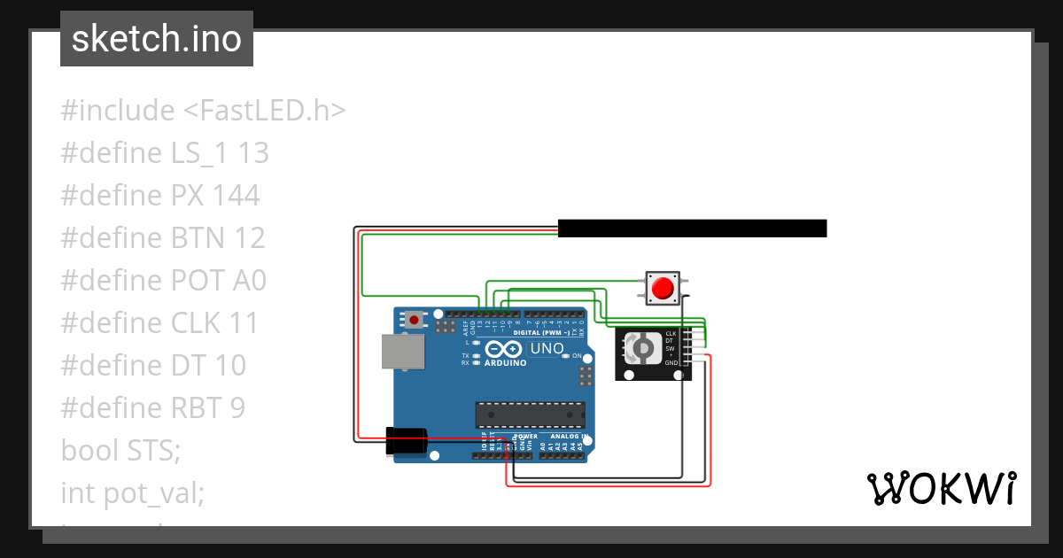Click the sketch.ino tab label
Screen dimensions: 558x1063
tap(156, 39)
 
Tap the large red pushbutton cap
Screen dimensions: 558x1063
tap(662, 289)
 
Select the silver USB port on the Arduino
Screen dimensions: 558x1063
tap(402, 352)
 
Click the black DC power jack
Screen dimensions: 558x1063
tap(406, 442)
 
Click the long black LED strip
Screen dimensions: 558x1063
tap(692, 229)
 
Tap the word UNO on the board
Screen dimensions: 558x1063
tap(547, 349)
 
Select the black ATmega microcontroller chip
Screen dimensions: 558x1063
tap(530, 414)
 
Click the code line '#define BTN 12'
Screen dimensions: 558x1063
tap(163, 237)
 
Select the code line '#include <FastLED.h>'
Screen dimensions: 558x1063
tap(203, 111)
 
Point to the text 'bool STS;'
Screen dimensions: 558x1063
tap(120, 450)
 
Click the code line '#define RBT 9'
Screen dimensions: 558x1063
tap(152, 407)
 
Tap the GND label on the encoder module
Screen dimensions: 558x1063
tap(671, 363)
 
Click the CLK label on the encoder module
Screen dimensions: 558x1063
tap(671, 334)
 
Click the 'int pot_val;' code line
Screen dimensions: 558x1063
tap(133, 492)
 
